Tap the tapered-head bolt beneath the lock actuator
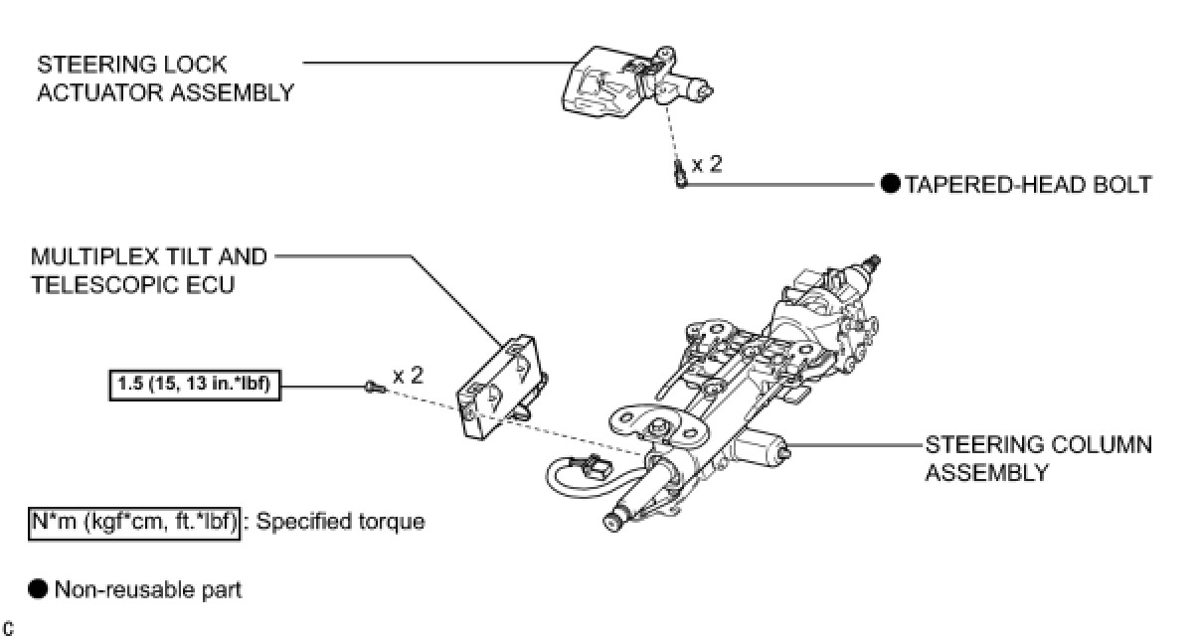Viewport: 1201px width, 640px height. click(x=679, y=175)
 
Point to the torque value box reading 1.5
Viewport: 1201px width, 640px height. click(x=195, y=383)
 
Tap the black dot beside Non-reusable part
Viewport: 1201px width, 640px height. click(x=38, y=589)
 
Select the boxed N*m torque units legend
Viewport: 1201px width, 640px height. click(x=133, y=521)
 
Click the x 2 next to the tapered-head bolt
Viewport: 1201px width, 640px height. click(x=707, y=164)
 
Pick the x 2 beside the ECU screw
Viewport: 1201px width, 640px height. click(x=408, y=376)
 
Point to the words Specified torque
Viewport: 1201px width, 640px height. click(x=340, y=521)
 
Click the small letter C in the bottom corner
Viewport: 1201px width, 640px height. click(x=8, y=628)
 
